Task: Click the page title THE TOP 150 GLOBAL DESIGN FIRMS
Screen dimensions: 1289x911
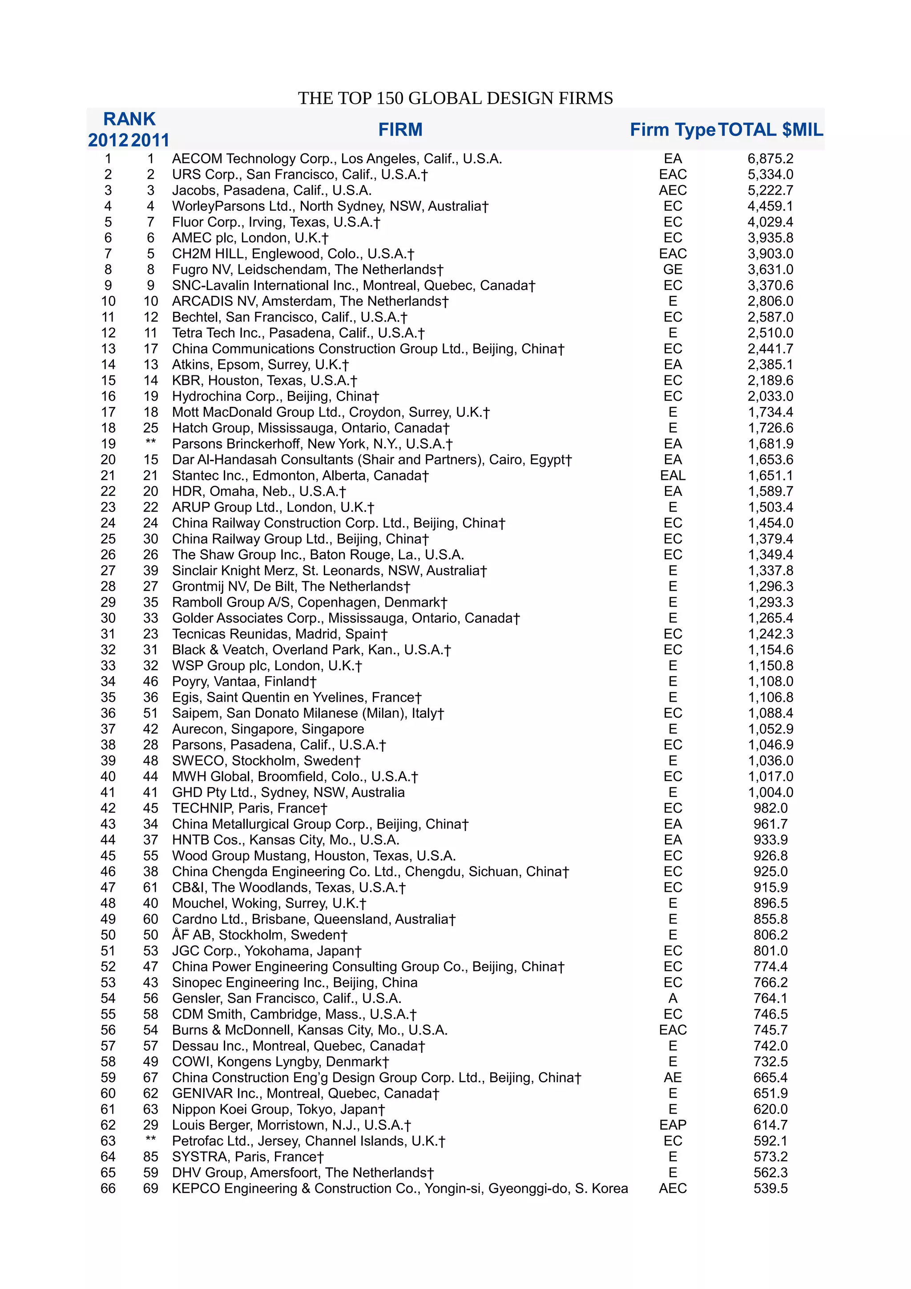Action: tap(455, 98)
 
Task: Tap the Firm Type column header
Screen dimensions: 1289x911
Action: tap(673, 130)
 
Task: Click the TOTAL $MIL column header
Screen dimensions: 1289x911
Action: tap(770, 130)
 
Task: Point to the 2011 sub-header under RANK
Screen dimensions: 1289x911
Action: tap(150, 140)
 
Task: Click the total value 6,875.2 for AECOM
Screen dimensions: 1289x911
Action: tap(770, 159)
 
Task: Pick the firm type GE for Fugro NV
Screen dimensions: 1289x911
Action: tap(673, 270)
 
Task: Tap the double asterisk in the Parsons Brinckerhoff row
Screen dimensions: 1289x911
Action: tap(150, 443)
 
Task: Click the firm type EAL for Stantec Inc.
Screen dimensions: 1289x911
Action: tap(673, 475)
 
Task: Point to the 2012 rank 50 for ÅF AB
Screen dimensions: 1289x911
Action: tap(109, 935)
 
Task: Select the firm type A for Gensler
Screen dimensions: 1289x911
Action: tap(673, 998)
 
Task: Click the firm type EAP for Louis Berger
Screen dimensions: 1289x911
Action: tap(673, 1125)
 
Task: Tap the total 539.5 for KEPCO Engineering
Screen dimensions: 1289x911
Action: tap(770, 1188)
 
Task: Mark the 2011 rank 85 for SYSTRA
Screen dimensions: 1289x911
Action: tap(150, 1156)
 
